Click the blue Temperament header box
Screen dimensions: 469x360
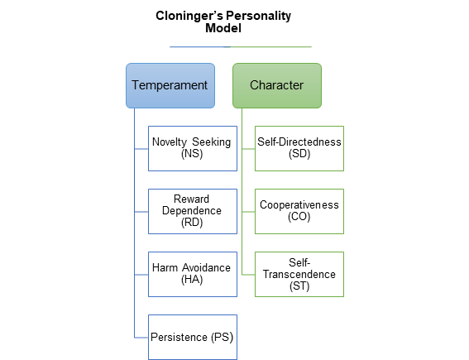click(170, 85)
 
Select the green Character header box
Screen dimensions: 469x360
click(277, 85)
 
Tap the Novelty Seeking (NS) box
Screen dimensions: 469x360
click(193, 148)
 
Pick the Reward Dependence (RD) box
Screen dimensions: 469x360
click(193, 211)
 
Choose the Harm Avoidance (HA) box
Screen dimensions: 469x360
click(193, 274)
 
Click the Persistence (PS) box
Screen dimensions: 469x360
click(193, 337)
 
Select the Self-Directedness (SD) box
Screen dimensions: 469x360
click(299, 148)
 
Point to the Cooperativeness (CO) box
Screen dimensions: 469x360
click(299, 211)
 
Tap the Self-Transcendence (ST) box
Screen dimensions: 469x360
click(299, 274)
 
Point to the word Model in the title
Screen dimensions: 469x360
click(223, 28)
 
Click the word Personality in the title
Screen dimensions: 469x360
click(258, 17)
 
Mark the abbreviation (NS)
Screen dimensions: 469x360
click(192, 154)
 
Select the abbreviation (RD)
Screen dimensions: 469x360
click(192, 223)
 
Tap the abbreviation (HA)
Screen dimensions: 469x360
click(192, 280)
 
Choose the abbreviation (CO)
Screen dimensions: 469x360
click(299, 217)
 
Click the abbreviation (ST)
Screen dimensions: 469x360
click(299, 286)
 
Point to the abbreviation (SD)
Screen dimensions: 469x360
click(299, 154)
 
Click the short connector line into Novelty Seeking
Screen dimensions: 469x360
click(141, 149)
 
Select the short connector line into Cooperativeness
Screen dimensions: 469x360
click(248, 212)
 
